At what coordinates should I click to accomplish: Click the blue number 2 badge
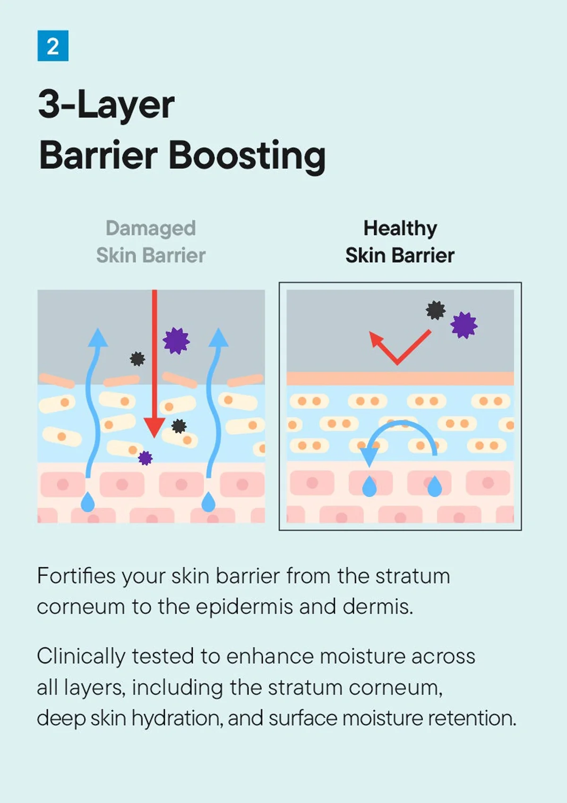(53, 46)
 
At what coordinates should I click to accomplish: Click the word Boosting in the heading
(247, 156)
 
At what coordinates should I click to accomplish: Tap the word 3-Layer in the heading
(106, 105)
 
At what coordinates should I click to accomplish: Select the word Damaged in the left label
(151, 229)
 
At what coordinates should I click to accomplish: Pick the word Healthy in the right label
(400, 229)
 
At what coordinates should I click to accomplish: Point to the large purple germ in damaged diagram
(176, 341)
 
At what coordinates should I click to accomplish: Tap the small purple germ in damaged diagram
(145, 458)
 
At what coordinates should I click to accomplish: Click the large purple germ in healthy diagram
(464, 325)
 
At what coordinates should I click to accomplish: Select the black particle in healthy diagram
(436, 310)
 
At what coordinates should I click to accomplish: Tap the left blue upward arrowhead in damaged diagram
(98, 337)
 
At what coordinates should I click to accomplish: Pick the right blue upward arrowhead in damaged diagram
(218, 337)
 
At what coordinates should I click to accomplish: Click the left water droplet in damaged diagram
(88, 502)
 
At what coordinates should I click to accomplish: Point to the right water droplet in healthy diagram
(435, 487)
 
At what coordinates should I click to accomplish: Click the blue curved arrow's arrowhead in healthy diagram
(369, 457)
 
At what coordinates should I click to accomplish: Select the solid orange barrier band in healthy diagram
(400, 378)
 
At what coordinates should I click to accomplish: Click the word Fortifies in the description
(77, 576)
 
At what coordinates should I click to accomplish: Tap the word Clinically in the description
(81, 657)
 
